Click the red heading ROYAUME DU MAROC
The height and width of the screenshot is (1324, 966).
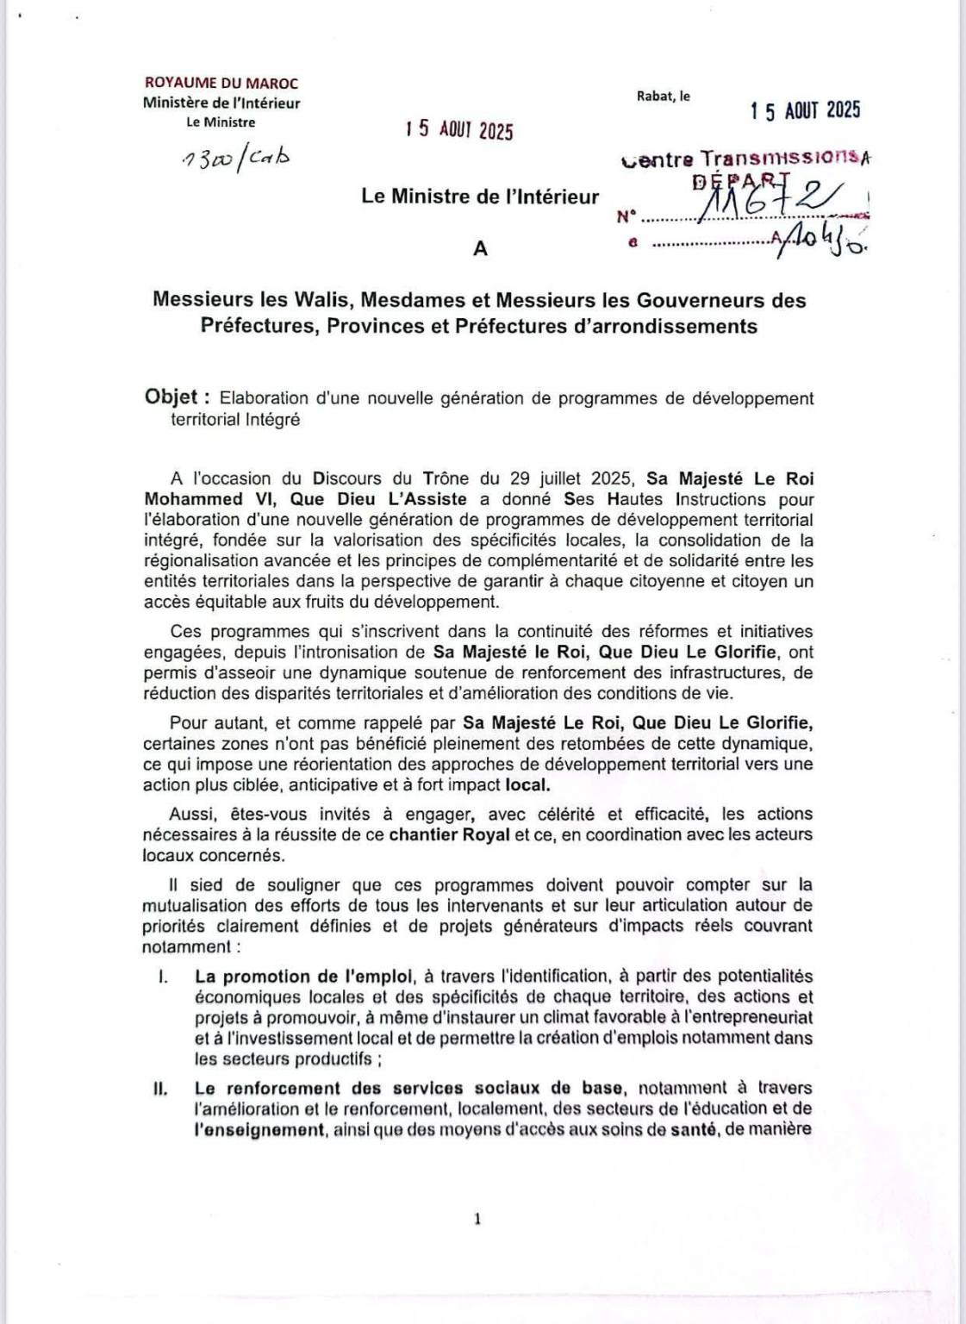(x=221, y=84)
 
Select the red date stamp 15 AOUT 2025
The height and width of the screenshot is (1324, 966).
(x=459, y=130)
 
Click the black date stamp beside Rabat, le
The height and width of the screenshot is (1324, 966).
(x=805, y=110)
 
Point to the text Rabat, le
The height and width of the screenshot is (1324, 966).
(x=664, y=97)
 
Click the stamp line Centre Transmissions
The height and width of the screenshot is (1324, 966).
(x=745, y=159)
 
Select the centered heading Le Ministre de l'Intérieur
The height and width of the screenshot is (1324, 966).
(x=480, y=197)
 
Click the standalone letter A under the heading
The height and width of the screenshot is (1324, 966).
(x=481, y=248)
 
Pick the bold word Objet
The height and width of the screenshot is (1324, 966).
(x=172, y=397)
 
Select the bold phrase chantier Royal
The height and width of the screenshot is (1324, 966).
(x=450, y=834)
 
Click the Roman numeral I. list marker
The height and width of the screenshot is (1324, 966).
(x=161, y=977)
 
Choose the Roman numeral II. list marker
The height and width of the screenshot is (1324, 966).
(x=159, y=1089)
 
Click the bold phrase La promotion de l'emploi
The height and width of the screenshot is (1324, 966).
(x=303, y=977)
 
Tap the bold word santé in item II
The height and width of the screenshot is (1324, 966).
(x=699, y=1129)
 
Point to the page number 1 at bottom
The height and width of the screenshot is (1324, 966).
(x=477, y=1219)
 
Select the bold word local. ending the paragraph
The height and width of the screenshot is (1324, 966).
(x=527, y=785)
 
